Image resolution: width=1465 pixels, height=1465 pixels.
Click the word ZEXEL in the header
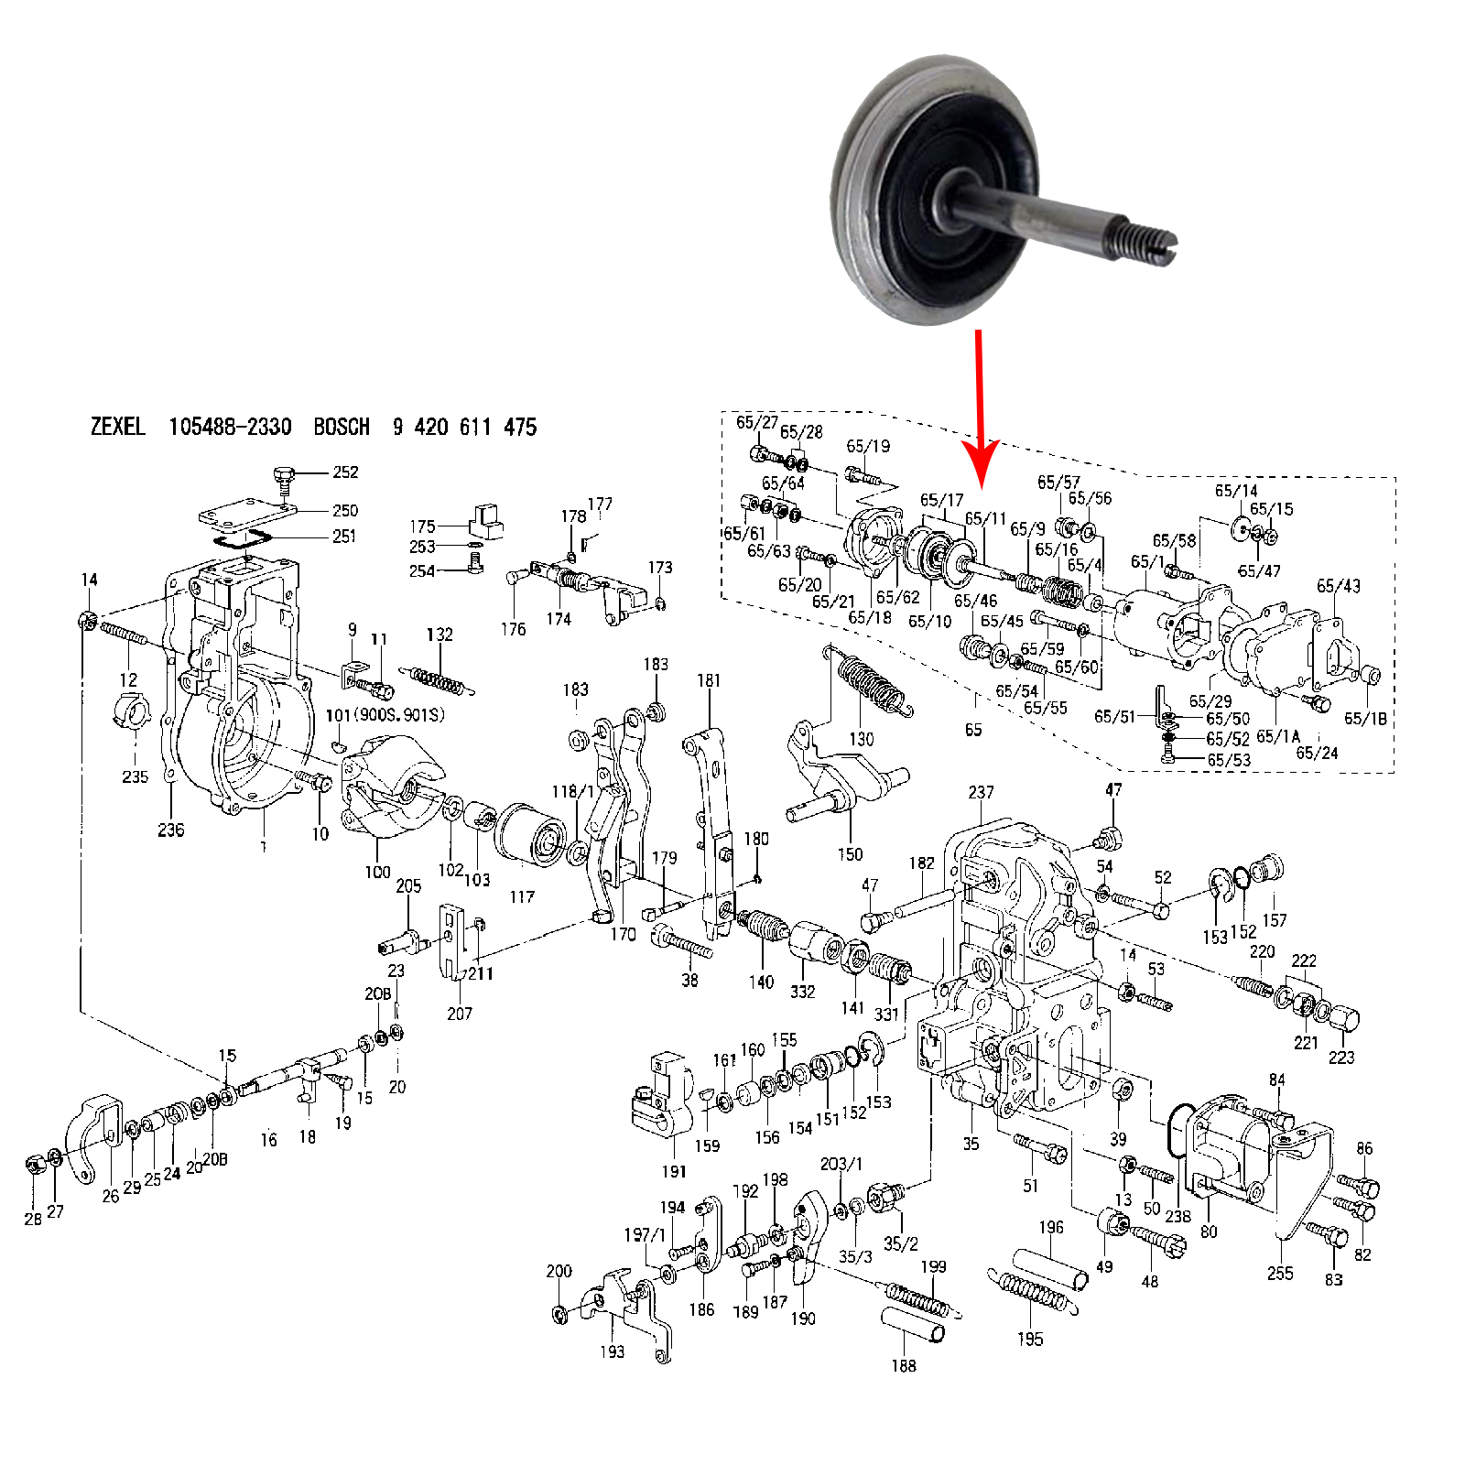(117, 427)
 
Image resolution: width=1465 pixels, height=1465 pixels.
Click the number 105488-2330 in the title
(230, 427)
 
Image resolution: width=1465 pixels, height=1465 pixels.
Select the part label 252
(345, 472)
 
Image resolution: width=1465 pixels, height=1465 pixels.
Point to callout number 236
(170, 830)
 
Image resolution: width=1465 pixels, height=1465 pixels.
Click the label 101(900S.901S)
(385, 714)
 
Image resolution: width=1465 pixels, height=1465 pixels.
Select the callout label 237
(981, 792)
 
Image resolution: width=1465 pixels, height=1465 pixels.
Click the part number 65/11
(985, 519)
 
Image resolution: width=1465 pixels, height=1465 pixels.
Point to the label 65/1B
(1365, 719)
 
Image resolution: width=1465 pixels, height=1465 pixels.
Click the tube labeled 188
(913, 1325)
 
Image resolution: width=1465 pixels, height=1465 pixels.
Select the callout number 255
(1280, 1273)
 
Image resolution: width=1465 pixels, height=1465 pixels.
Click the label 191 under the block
(674, 1171)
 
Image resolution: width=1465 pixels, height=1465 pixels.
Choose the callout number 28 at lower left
(33, 1219)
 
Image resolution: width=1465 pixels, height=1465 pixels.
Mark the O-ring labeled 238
(1179, 1131)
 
